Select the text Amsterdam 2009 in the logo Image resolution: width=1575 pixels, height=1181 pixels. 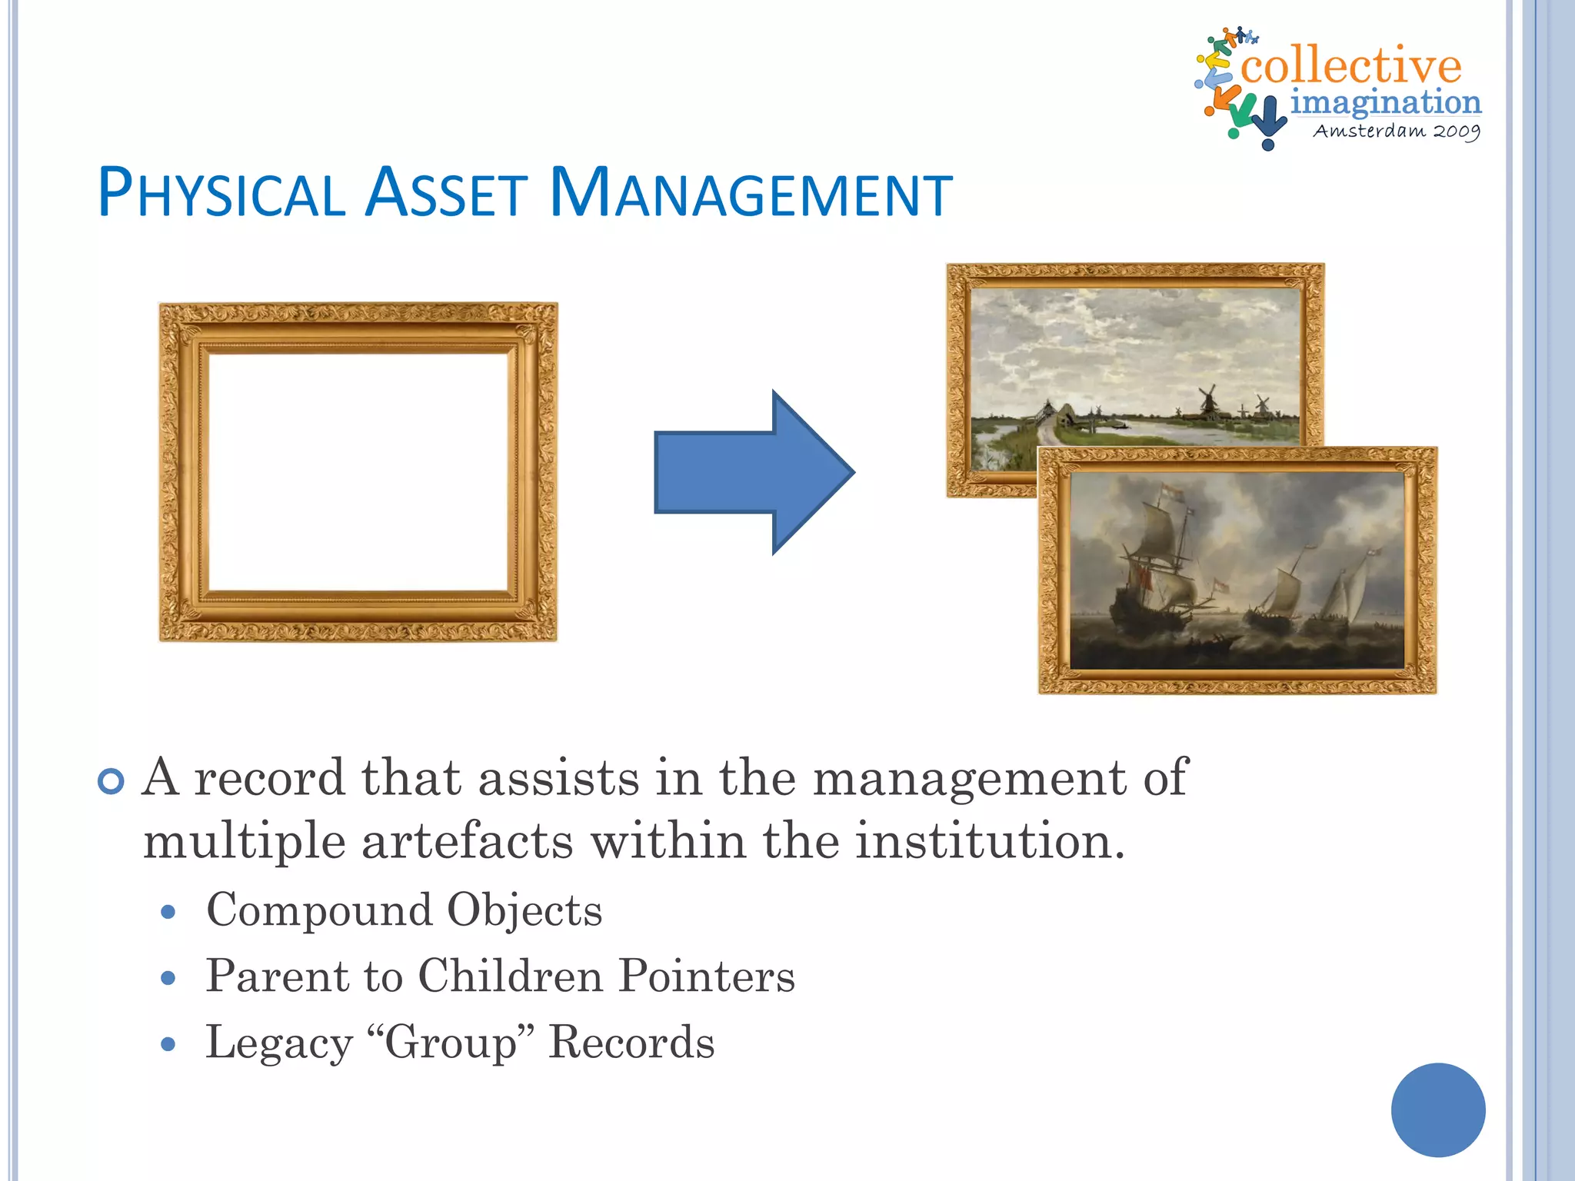pos(1396,131)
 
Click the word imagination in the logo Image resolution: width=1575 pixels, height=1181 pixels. pos(1385,101)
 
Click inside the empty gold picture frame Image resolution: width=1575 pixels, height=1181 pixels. pos(358,471)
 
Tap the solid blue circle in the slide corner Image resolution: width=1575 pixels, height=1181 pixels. pos(1437,1109)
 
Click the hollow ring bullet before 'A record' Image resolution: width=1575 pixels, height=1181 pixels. pos(112,782)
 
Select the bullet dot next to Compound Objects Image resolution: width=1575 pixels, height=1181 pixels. pos(169,913)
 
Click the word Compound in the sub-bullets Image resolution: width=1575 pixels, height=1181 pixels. pos(319,911)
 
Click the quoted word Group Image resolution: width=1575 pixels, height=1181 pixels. pos(451,1043)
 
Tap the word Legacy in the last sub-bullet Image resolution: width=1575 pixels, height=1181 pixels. pos(278,1044)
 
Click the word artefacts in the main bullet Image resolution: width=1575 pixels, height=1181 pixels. pos(467,841)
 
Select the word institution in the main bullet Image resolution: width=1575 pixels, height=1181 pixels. pos(990,841)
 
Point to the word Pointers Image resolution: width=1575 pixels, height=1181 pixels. pos(707,976)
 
